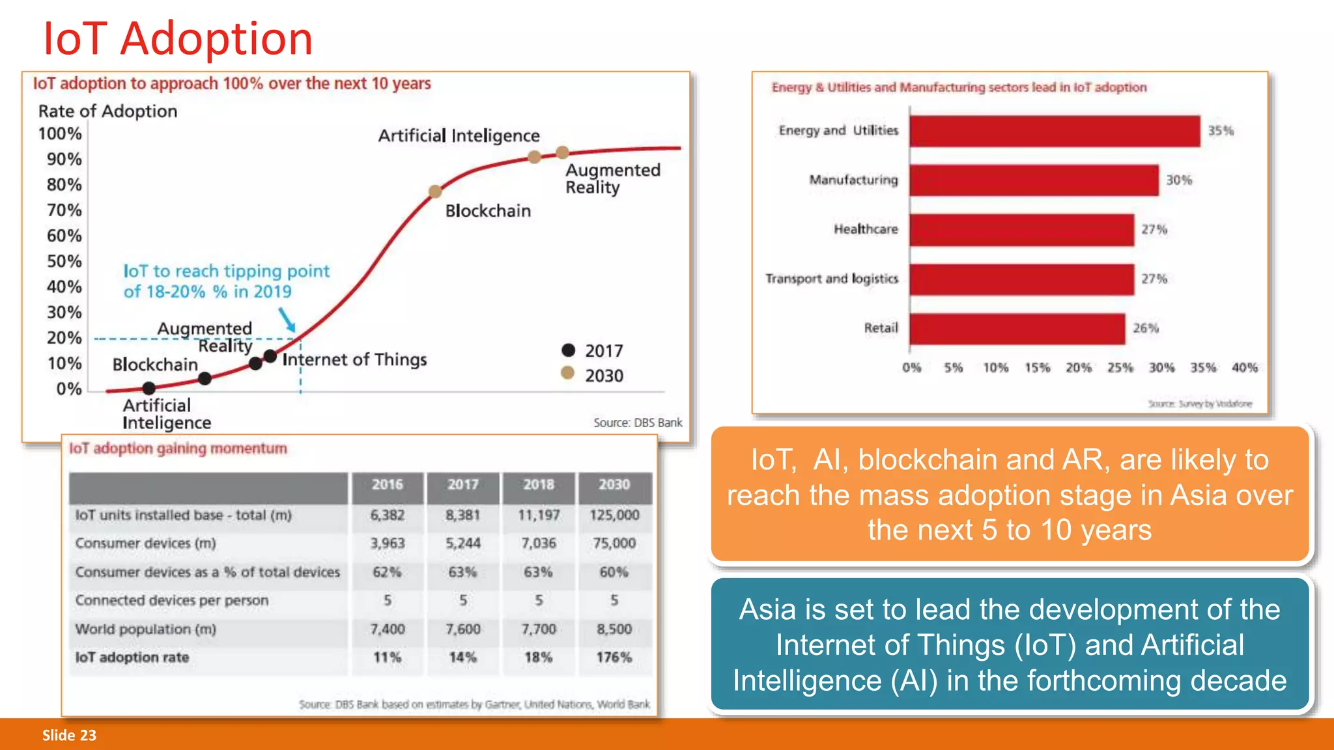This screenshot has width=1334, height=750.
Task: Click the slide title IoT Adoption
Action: [177, 39]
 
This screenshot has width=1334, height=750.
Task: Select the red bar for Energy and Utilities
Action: [1054, 131]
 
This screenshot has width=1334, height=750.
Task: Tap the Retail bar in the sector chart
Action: [1017, 329]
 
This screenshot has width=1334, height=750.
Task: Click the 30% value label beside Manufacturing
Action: [1178, 180]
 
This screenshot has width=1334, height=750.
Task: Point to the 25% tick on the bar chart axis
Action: [1120, 368]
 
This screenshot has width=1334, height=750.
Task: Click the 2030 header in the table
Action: [614, 485]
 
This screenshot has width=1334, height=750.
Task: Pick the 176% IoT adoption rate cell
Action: [614, 658]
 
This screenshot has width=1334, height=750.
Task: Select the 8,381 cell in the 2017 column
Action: [462, 515]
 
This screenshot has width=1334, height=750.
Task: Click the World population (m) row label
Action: [145, 630]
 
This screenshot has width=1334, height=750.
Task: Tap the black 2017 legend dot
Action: [568, 350]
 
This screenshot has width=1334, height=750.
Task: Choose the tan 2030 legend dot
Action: [567, 373]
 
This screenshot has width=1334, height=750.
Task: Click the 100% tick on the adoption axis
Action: [60, 134]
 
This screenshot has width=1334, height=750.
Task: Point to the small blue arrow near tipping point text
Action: [287, 319]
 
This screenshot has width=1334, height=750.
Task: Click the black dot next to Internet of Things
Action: [270, 356]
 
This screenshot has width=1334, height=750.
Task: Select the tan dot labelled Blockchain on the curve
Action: [435, 191]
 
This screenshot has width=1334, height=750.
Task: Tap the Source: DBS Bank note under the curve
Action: [637, 423]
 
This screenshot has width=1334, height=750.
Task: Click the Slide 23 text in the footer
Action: [69, 736]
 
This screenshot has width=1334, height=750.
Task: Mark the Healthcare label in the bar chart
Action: [865, 229]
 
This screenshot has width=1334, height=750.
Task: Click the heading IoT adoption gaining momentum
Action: [178, 449]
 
